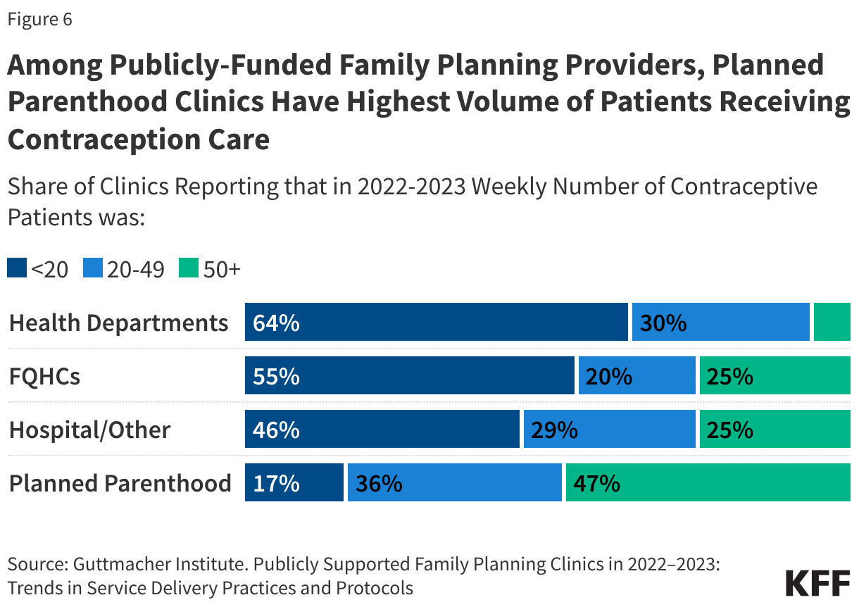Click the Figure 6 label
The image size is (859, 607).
[x=39, y=20]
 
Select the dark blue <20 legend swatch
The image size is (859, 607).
[x=17, y=268]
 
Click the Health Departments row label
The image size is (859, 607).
[x=118, y=323]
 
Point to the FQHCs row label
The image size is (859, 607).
[x=44, y=376]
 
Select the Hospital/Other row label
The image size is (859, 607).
[x=89, y=430]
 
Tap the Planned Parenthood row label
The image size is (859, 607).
[x=120, y=483]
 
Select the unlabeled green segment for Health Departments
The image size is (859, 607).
[x=832, y=323]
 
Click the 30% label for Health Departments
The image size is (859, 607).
[x=663, y=323]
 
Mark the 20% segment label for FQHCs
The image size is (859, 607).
[x=609, y=377]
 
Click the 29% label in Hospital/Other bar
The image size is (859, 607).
[x=555, y=430]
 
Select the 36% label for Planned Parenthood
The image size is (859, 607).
[x=379, y=484]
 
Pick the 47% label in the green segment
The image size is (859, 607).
[x=596, y=484]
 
